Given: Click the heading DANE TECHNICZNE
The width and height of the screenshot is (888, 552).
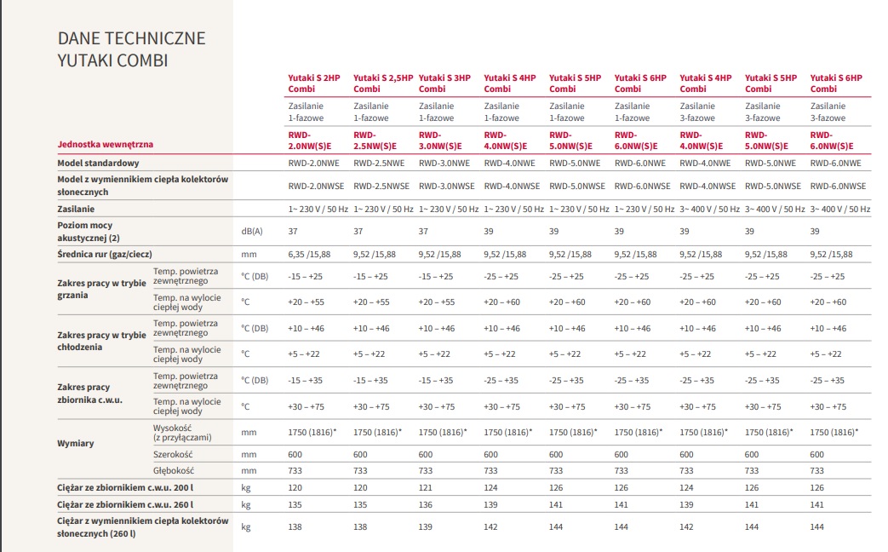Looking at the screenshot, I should [x=131, y=38].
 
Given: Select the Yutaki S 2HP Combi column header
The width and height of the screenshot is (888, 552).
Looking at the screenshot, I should [x=313, y=83].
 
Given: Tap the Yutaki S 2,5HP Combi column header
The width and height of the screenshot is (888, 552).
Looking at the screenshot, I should [x=382, y=83].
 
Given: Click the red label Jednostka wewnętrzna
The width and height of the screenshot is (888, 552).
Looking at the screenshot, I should [x=106, y=145].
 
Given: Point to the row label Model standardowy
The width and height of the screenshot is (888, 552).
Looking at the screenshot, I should [x=98, y=163].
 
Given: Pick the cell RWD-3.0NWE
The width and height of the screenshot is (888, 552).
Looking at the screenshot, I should [x=444, y=163].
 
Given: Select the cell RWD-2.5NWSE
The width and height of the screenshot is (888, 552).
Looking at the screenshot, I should [x=381, y=186].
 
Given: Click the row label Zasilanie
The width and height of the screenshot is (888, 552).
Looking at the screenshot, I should [x=76, y=209].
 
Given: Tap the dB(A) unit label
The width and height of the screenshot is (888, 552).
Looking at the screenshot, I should [x=251, y=231].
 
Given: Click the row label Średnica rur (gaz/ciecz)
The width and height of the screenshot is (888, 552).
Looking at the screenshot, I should [x=105, y=254].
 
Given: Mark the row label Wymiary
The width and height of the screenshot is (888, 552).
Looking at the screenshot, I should [x=76, y=443].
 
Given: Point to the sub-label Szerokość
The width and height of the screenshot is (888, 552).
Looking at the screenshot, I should [x=174, y=455].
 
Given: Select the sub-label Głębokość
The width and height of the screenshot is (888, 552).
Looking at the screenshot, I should [x=174, y=470].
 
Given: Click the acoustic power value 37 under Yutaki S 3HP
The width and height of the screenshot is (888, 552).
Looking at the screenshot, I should [x=423, y=231].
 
